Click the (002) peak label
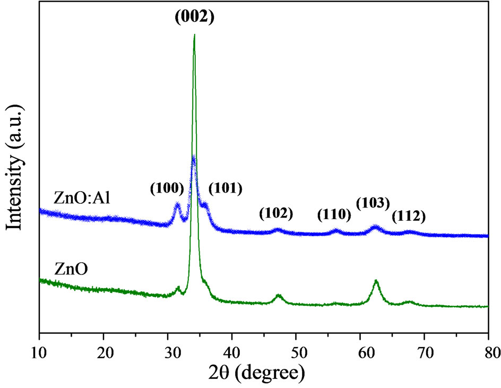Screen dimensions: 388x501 tap(195, 18)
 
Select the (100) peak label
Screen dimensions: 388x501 tap(167, 188)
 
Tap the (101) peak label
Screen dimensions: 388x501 tap(226, 188)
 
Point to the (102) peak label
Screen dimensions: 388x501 tap(276, 213)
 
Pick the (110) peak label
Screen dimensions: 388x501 tap(334, 215)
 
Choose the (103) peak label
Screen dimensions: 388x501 tap(373, 203)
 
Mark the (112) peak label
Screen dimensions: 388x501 tap(409, 216)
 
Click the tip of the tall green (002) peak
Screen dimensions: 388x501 tap(195, 35)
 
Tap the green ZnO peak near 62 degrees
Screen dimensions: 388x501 tap(376, 281)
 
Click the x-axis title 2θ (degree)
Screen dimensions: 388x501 tap(263, 371)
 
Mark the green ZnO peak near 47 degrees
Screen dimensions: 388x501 tap(279, 295)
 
